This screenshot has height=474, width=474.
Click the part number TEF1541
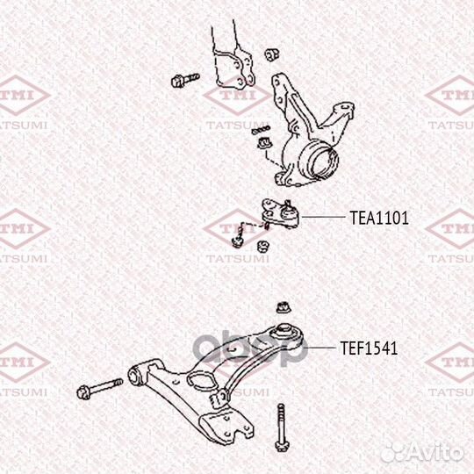tap(369, 348)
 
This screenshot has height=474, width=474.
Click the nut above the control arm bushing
tap(284, 307)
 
